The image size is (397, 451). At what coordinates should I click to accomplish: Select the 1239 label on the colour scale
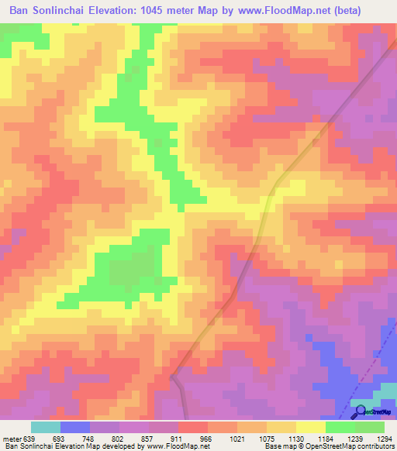[351, 438]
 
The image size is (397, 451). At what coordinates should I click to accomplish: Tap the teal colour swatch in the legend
[45, 427]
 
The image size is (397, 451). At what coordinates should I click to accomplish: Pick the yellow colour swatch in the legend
[310, 427]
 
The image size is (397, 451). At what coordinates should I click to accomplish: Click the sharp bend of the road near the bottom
[172, 377]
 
